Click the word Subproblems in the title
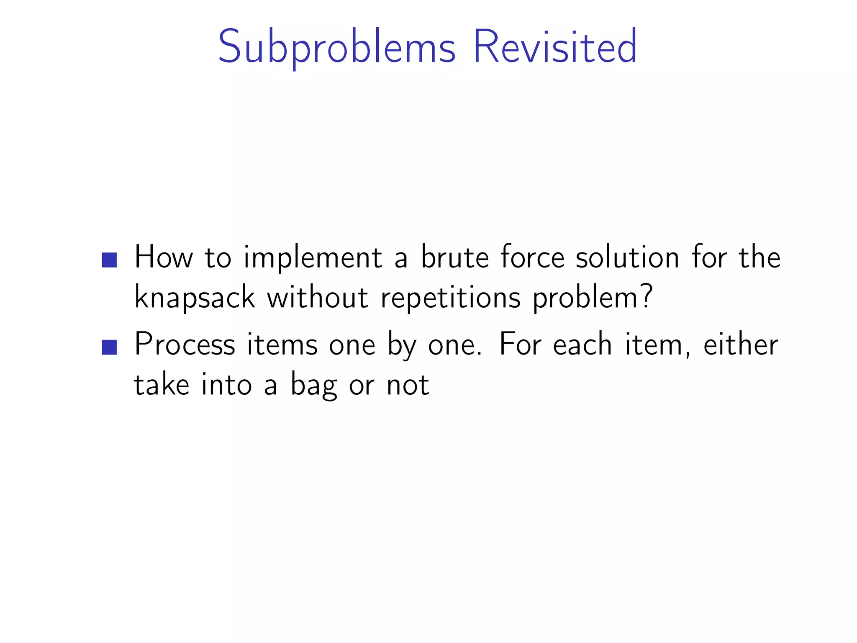[336, 47]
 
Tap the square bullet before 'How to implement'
[109, 260]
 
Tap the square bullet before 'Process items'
[109, 347]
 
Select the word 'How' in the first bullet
[164, 257]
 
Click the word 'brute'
[455, 257]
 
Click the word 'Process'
[185, 345]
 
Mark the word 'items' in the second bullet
[282, 345]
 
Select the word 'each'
[583, 345]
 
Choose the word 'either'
[741, 345]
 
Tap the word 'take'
[162, 385]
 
